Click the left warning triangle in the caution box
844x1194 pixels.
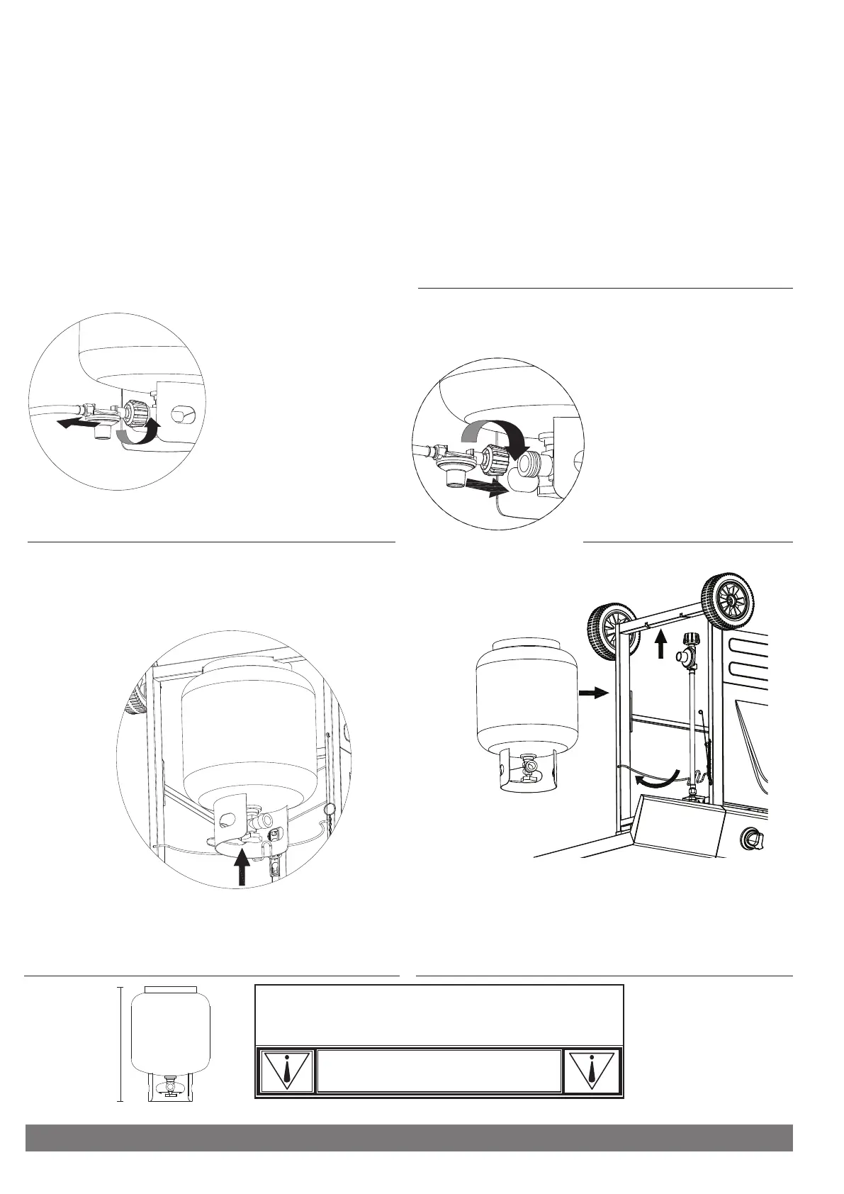pos(286,1071)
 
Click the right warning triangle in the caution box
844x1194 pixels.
pos(591,1071)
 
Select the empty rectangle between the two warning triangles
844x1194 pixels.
pos(438,1071)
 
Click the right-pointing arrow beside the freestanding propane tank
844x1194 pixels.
pos(594,692)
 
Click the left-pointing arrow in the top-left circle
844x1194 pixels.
pos(77,423)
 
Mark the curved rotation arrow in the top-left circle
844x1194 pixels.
pos(139,431)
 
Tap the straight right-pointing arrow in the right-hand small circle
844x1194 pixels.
pos(488,486)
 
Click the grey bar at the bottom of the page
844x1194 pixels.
pos(408,1137)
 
